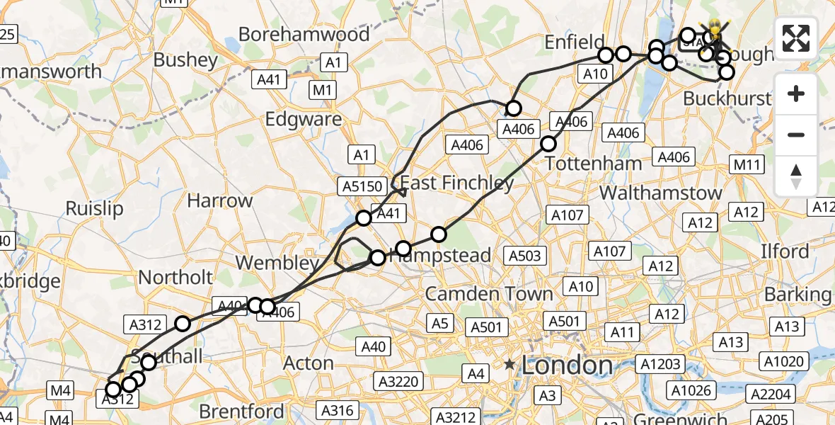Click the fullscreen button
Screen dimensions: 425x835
click(x=796, y=38)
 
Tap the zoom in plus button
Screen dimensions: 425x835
click(x=796, y=93)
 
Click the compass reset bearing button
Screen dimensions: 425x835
click(x=796, y=174)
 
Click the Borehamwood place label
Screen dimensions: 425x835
click(x=304, y=34)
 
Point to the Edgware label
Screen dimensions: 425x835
click(x=303, y=119)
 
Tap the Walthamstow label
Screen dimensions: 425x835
click(x=661, y=193)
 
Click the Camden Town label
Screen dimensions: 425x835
click(x=489, y=293)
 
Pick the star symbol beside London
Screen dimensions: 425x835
click(x=509, y=365)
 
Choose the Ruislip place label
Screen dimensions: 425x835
click(x=94, y=208)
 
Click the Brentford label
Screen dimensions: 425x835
click(x=242, y=412)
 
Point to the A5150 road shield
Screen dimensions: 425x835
click(x=363, y=186)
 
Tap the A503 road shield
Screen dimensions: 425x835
click(x=524, y=256)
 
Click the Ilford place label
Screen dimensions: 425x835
click(x=785, y=251)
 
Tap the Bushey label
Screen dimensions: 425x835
click(x=185, y=60)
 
